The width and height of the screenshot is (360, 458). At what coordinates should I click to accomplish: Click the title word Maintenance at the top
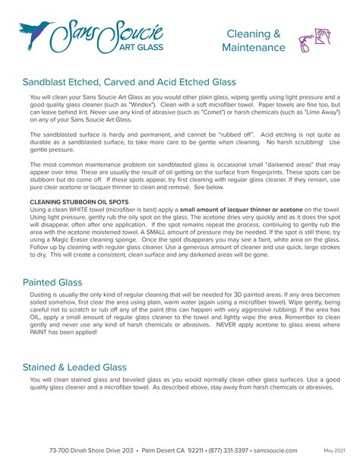click(x=254, y=48)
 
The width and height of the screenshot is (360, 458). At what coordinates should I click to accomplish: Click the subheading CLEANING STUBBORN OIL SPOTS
click(x=74, y=201)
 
